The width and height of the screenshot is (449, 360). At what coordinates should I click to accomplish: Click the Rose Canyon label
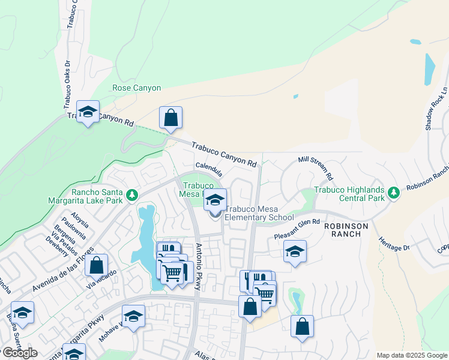pos(136,88)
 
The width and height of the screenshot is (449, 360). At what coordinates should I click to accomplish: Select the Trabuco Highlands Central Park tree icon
pos(394,193)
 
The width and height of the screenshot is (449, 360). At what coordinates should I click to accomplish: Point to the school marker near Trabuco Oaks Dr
pos(88,112)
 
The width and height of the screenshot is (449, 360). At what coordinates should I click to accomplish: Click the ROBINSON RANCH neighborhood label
pos(342,230)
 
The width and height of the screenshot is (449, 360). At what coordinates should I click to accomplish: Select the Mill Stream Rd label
pos(316,168)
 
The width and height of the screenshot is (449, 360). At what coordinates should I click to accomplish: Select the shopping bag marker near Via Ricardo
pos(96,265)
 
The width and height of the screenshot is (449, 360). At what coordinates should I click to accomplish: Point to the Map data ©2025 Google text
pos(412,355)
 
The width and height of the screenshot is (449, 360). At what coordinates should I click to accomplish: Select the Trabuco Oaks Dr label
pos(68,83)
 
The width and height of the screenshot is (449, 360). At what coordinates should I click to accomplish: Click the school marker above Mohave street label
pos(133,316)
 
